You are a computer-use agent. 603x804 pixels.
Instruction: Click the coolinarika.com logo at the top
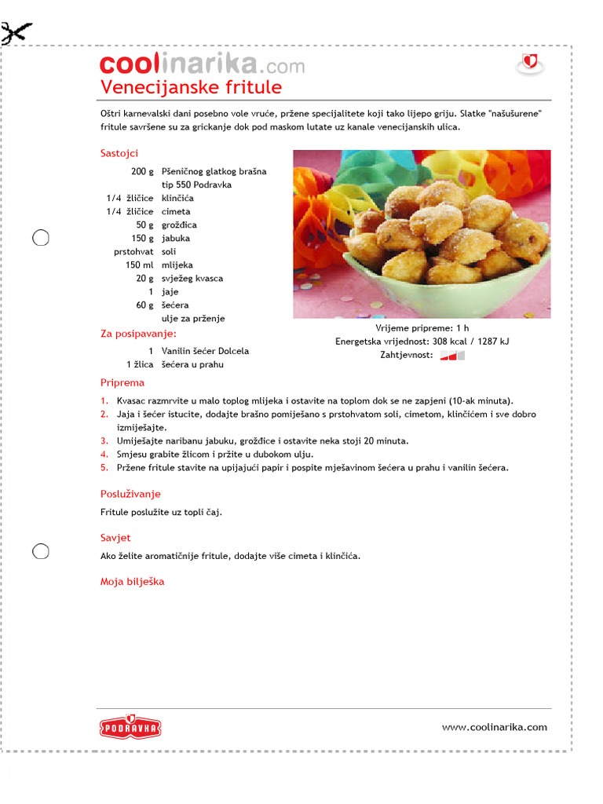click(202, 64)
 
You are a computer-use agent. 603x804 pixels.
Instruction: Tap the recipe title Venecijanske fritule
click(191, 87)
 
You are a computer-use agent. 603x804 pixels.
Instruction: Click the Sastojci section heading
click(119, 153)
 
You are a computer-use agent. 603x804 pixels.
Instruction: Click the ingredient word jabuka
click(176, 238)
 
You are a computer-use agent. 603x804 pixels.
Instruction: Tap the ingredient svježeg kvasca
click(192, 278)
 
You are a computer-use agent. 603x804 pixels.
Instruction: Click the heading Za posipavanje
click(138, 334)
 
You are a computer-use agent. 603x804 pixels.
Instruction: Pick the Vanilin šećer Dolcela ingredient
click(205, 351)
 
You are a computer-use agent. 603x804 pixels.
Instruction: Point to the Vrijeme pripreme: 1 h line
click(422, 327)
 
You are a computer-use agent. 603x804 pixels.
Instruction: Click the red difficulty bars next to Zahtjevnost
click(452, 355)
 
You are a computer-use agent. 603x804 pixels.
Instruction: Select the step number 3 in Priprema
click(104, 440)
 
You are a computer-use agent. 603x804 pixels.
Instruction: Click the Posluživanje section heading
click(130, 494)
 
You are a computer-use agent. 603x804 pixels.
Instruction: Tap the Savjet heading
click(115, 538)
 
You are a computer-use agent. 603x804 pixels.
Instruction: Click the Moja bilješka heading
click(132, 582)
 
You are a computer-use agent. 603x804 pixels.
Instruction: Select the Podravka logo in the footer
click(130, 728)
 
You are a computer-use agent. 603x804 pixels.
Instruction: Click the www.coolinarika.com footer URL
click(494, 727)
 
